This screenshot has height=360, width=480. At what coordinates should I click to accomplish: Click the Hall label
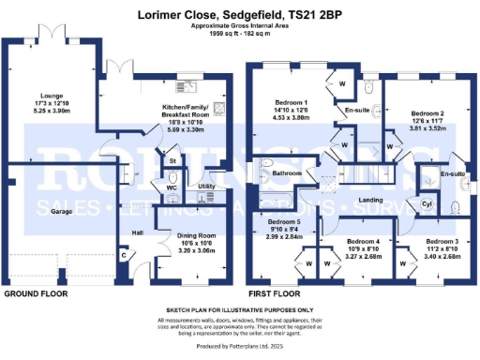click(136, 232)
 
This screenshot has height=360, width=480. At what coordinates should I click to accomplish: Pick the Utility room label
click(208, 187)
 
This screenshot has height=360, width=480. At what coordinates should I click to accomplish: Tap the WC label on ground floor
click(172, 187)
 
